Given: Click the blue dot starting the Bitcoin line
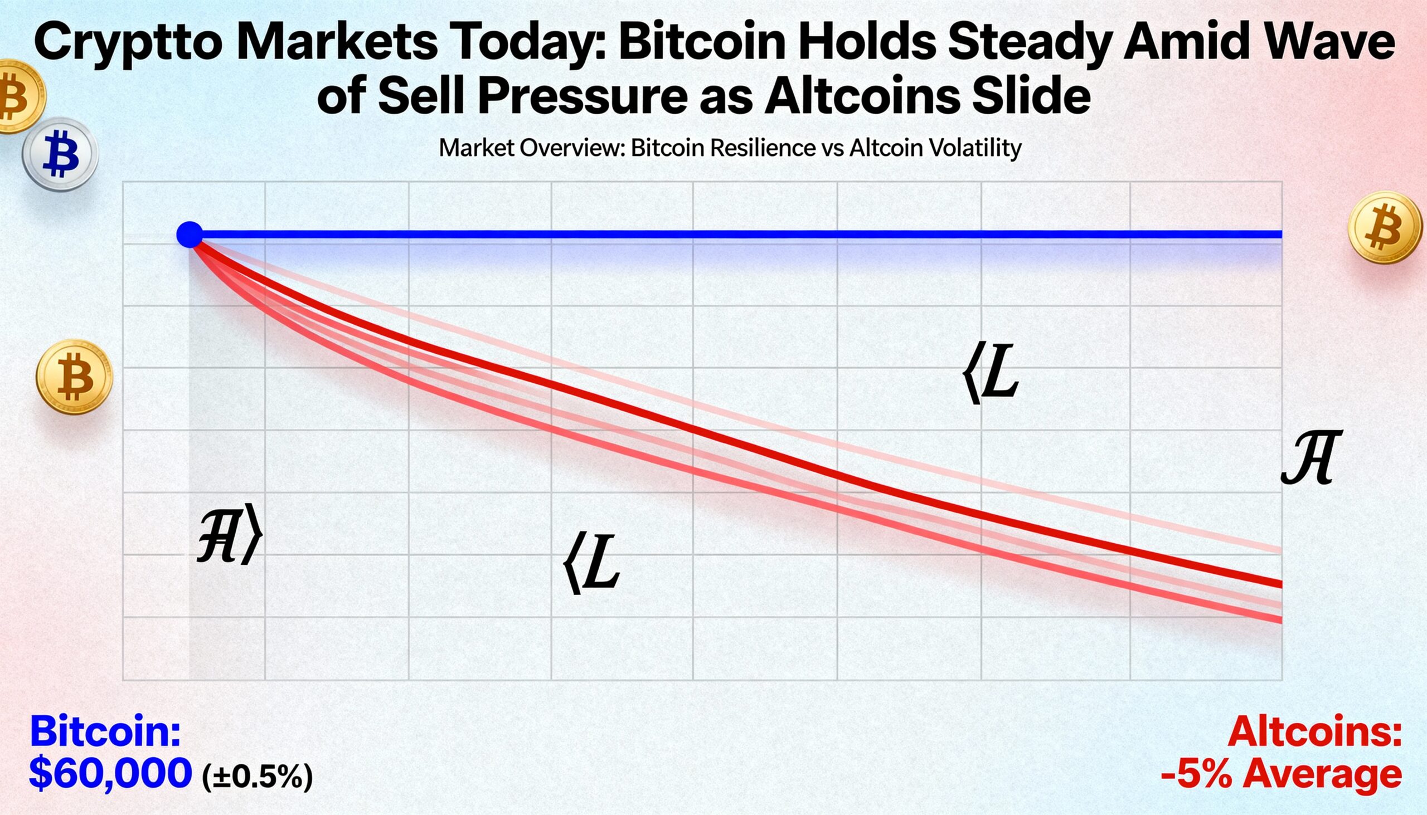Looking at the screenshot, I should pos(190,235).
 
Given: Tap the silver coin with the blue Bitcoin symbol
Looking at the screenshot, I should pos(61,154).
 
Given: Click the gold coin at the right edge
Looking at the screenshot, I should pos(1385,227).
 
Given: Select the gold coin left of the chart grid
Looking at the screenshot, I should pos(75,376).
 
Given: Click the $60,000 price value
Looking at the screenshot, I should pos(110,774).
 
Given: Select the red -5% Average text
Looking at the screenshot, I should pos(1282,775).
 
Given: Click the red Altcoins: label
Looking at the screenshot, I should pos(1314,731).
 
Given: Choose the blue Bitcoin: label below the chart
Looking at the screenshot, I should pos(105,730).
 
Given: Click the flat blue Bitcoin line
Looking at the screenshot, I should pos(728,234).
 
